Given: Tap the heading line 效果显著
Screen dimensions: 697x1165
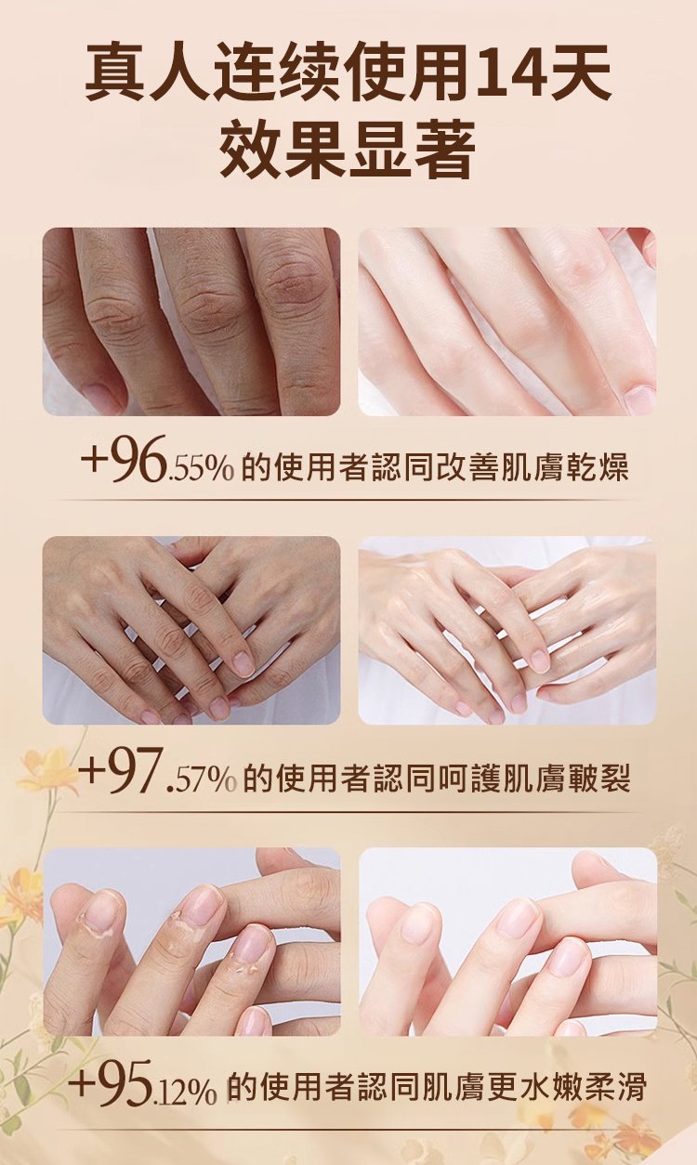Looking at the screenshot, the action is (348, 149).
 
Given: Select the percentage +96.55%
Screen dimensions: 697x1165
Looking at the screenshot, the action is (156, 460).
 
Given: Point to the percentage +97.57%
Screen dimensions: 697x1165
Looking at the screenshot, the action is (158, 772).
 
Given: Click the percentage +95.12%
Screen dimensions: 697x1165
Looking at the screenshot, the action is (143, 1084).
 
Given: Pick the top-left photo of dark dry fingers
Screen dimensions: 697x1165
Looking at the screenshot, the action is (191, 321).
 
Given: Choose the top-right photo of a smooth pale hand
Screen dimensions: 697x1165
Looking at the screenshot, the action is (507, 321).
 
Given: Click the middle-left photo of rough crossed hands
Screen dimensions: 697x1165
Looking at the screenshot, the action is (191, 631).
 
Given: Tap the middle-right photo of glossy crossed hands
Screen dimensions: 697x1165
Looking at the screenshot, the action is (507, 631).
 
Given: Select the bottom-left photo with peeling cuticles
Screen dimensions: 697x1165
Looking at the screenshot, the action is (191, 942).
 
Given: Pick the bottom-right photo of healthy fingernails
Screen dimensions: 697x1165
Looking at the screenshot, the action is (507, 942).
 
